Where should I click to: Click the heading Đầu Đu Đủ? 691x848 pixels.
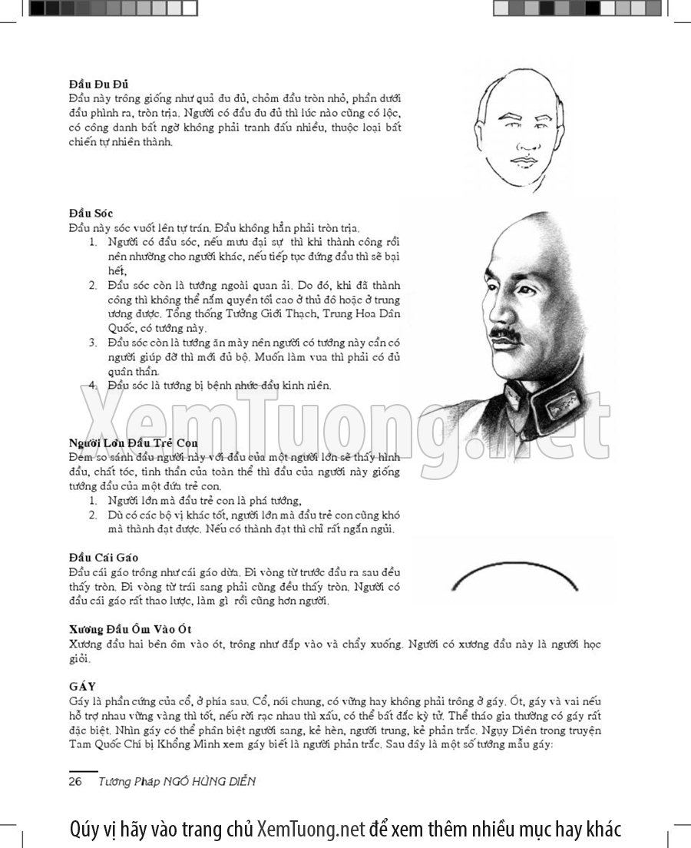coord(98,84)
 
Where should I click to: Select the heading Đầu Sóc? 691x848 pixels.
coord(91,212)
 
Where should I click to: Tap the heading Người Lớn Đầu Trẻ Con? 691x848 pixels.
coord(134,443)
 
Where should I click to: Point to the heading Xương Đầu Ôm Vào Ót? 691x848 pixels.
coord(130,630)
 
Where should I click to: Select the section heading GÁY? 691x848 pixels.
coord(81,685)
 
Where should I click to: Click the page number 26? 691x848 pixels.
coord(75,781)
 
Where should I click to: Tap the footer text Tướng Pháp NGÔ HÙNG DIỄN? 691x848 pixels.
coord(177,781)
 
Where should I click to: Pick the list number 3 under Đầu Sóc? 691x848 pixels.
coord(92,342)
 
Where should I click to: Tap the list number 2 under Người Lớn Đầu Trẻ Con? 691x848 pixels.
coord(92,515)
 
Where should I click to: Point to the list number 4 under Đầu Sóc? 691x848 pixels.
coord(92,385)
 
